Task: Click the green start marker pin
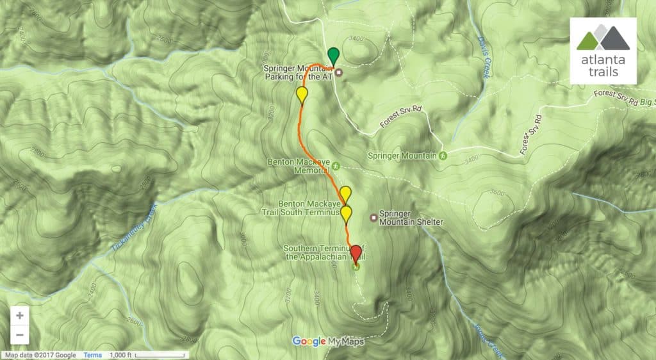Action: pos(332,55)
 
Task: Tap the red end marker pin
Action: pos(356,252)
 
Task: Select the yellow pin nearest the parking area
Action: pos(302,95)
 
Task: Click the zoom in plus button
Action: pos(20,316)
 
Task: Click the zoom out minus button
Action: pos(20,334)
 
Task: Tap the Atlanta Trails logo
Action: pos(603,51)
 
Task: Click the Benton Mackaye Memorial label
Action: pos(298,167)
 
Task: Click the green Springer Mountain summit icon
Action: pos(443,155)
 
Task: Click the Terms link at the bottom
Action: pos(92,355)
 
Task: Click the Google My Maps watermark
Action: pos(328,341)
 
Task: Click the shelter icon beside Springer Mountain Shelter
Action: pos(373,217)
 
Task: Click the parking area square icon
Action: pos(339,72)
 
